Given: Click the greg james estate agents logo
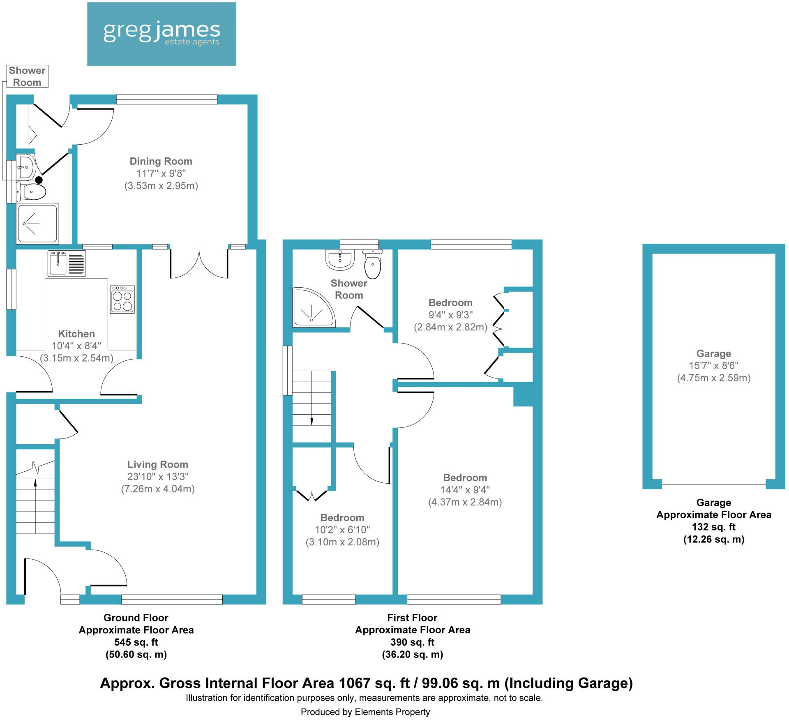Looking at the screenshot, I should coord(161,34).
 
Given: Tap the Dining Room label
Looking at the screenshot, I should coord(161,161).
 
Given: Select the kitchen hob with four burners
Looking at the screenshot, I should coord(122,300).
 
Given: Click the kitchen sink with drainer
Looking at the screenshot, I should coord(67,263).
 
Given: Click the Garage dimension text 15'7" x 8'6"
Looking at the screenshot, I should coord(713,365).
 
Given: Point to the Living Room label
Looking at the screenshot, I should coord(157,464).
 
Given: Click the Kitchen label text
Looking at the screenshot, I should coord(76,334).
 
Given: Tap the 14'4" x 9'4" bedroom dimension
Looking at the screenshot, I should coord(465,489).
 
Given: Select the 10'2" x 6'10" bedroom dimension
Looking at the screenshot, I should coord(342,530).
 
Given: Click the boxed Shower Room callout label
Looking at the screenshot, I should coord(27,76).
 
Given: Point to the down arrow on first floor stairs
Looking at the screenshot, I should coord(311,421).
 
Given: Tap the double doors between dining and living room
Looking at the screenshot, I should coord(199,263).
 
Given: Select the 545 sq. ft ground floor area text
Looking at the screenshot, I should coord(136,642).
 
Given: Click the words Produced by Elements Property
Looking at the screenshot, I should coord(365,712).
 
